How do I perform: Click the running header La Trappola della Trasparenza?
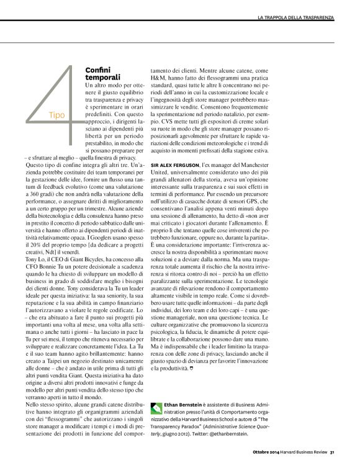pyautogui.click(x=296, y=14)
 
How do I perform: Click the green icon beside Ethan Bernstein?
pyautogui.click(x=157, y=407)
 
